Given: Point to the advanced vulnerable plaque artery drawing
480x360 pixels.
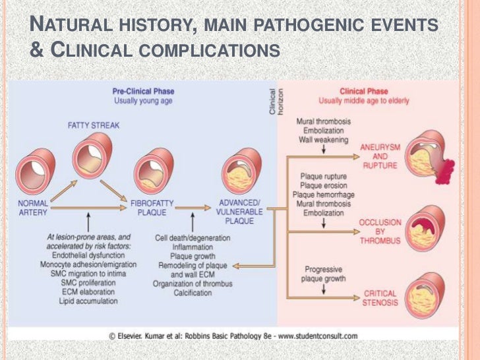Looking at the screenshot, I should [x=240, y=174].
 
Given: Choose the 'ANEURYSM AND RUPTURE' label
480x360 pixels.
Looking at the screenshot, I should [x=379, y=156].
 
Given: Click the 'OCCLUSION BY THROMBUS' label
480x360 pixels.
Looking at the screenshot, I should [x=379, y=231].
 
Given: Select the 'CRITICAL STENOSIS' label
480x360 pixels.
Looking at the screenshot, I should [x=380, y=297].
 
